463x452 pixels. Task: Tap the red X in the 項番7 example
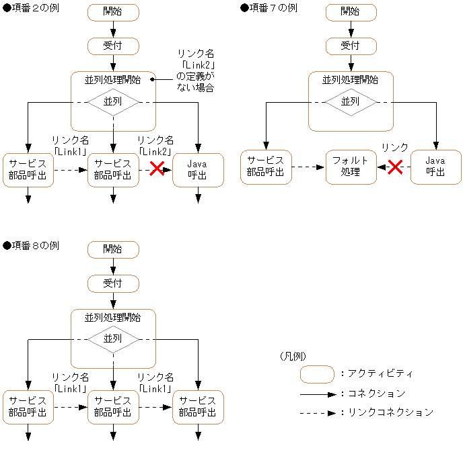(395, 167)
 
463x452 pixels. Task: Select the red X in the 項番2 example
(157, 169)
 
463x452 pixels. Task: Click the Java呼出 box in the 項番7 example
(435, 167)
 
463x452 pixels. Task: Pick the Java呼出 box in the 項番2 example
(198, 170)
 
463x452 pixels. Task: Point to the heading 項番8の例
(32, 246)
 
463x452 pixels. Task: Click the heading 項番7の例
(269, 7)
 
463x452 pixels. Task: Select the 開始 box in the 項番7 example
(350, 11)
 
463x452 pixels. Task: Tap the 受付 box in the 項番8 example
(113, 283)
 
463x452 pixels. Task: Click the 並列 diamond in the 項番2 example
(113, 102)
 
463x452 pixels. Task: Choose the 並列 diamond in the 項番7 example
(350, 102)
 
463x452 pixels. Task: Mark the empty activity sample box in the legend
(317, 374)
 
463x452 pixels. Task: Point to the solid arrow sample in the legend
(317, 394)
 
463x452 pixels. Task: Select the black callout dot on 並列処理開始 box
(153, 79)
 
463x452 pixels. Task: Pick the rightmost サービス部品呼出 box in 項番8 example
(198, 407)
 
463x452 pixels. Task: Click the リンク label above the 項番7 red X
(394, 148)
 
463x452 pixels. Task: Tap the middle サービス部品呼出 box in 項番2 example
(113, 170)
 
